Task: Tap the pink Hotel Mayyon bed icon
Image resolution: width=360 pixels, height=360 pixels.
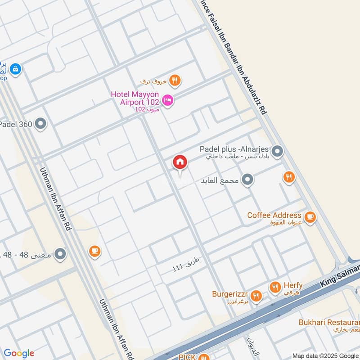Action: click(168, 101)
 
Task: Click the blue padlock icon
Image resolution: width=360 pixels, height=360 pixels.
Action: click(15, 69)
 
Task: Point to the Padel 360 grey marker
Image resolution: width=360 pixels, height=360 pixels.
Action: click(41, 124)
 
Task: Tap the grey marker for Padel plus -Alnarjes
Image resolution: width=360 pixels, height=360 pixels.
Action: click(278, 152)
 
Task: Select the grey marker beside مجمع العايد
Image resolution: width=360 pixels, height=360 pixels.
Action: click(247, 180)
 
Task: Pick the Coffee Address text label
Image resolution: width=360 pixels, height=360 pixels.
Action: click(274, 215)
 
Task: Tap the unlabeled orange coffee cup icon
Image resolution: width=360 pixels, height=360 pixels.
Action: click(94, 251)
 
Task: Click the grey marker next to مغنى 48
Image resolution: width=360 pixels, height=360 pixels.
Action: click(60, 255)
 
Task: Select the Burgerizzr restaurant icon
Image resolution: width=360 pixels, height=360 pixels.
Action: click(256, 295)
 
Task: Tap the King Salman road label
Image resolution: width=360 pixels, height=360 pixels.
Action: click(340, 277)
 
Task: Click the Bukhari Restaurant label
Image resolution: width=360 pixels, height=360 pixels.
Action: click(329, 322)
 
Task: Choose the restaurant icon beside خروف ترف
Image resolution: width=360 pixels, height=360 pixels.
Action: click(175, 81)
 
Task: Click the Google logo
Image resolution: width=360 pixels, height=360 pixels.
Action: click(19, 353)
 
